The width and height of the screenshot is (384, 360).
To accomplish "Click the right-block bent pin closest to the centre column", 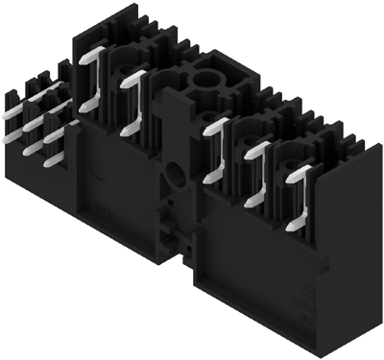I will click(x=217, y=134).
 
